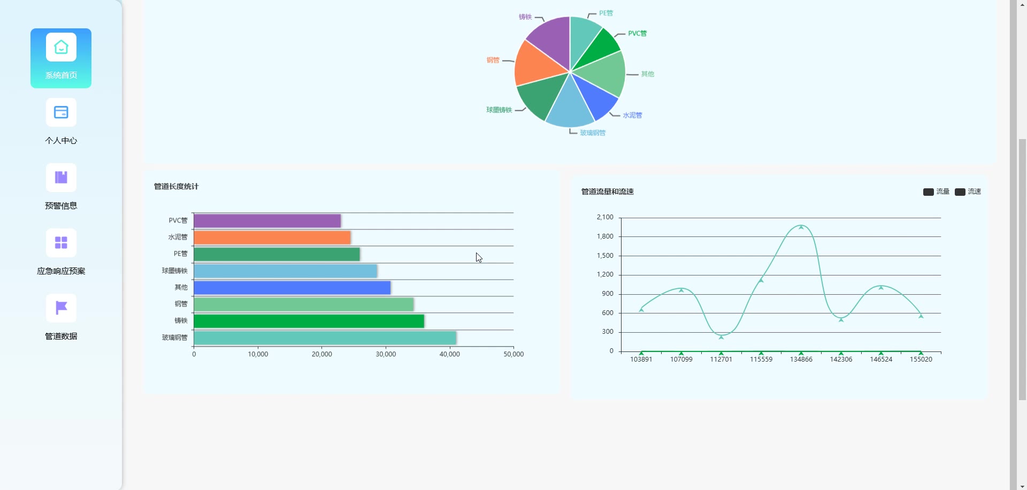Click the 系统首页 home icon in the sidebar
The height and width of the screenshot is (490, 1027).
point(61,48)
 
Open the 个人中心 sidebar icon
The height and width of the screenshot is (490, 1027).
point(61,113)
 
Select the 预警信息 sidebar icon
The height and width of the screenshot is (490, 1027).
point(61,178)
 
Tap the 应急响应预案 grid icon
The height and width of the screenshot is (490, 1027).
point(61,243)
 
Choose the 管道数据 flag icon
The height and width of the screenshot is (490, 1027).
point(61,308)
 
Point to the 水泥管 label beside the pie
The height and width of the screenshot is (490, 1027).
point(632,116)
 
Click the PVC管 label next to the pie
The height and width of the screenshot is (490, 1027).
point(637,34)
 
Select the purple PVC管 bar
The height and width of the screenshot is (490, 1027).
point(267,221)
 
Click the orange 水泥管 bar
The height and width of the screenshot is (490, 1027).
point(272,238)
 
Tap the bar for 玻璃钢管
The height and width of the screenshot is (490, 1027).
point(325,338)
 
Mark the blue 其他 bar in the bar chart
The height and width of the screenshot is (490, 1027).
point(292,288)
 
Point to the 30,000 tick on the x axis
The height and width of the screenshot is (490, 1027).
point(386,354)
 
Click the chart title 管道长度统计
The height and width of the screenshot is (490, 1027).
point(176,187)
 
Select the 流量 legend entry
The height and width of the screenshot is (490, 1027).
point(936,192)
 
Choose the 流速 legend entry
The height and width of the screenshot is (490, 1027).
point(968,192)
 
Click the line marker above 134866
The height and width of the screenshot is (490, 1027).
point(801,227)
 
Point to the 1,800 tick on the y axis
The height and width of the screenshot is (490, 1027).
point(605,236)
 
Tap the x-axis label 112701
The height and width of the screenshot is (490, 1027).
point(721,359)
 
